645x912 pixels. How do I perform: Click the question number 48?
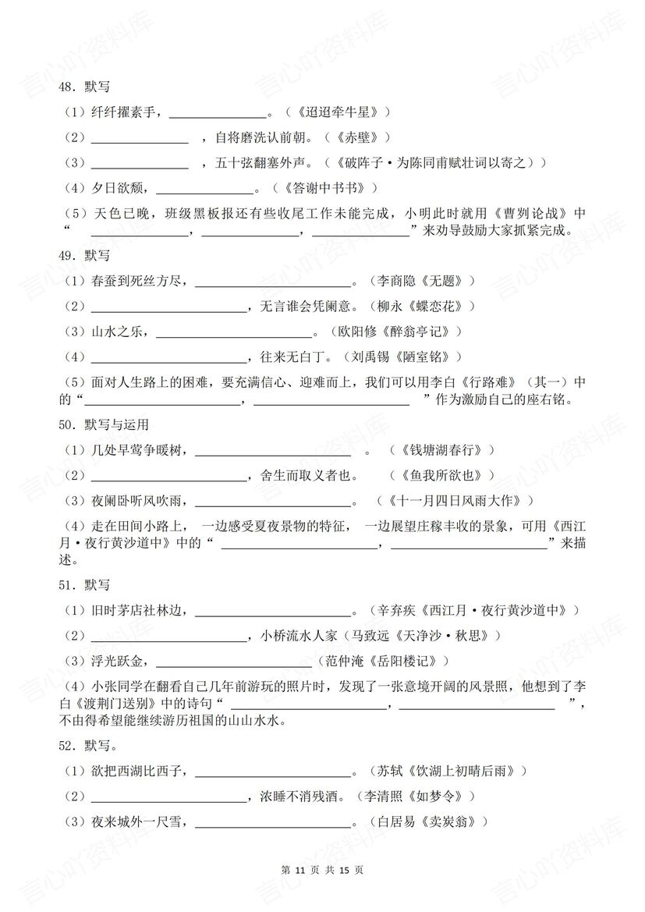[72, 89]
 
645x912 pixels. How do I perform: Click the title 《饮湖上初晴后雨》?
[467, 771]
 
